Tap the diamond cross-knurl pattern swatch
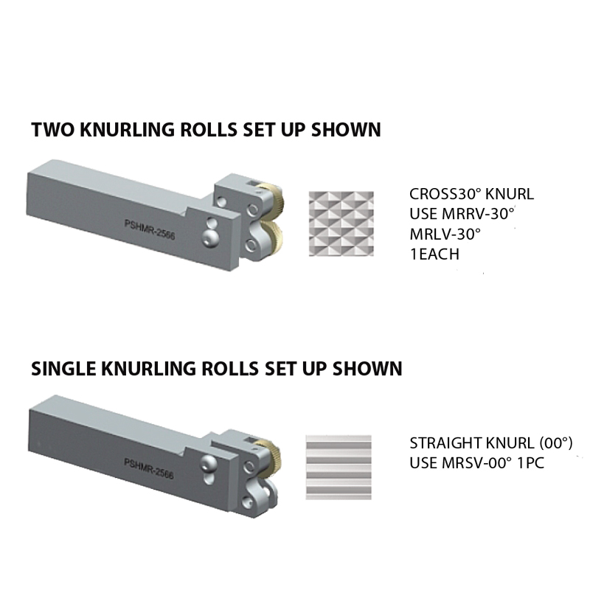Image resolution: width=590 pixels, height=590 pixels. pos(341,223)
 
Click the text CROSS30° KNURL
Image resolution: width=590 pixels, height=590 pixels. pos(471,195)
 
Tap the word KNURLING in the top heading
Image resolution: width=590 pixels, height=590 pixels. pos(130,131)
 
